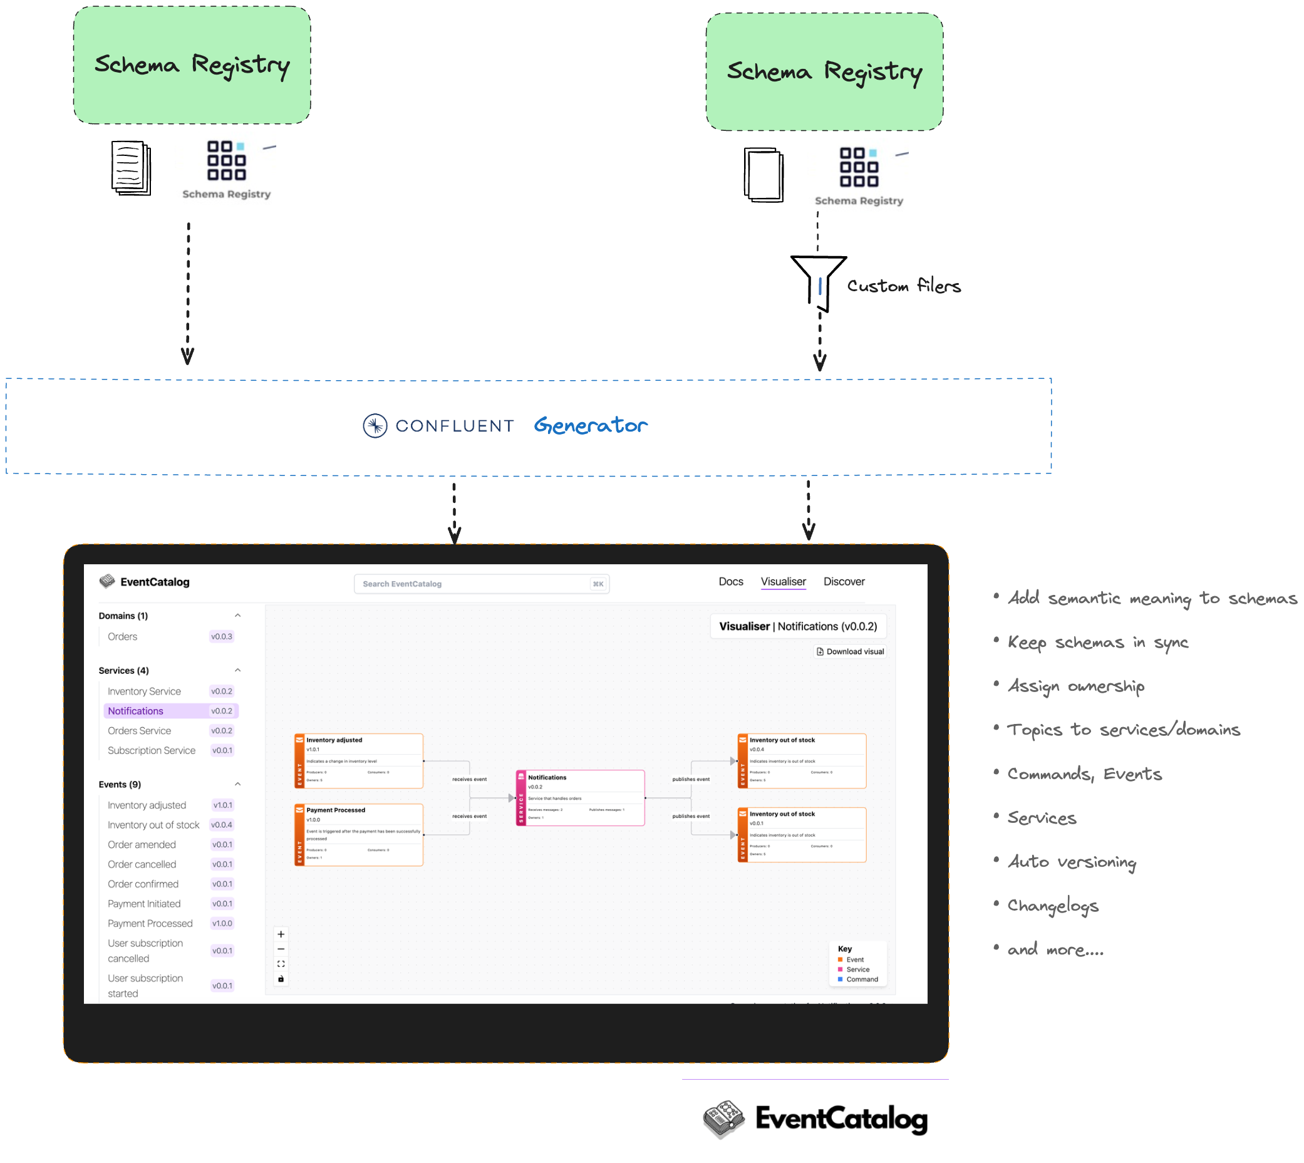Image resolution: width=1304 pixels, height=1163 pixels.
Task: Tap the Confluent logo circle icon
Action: point(375,426)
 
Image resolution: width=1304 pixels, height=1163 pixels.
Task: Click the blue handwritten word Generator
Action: point(591,426)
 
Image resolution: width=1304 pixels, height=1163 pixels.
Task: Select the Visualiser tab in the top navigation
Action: point(784,581)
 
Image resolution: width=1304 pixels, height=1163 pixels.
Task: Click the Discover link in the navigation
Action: point(844,581)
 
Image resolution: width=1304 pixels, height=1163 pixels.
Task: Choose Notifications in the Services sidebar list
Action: point(135,711)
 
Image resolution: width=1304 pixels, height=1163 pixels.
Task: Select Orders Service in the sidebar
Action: point(139,731)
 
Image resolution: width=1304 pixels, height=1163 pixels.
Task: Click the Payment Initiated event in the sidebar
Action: point(144,904)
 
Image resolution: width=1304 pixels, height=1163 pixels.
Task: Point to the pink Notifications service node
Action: point(580,798)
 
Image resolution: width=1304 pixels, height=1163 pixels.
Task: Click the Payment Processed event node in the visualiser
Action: point(358,835)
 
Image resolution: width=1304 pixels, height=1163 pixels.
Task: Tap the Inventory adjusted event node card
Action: point(358,761)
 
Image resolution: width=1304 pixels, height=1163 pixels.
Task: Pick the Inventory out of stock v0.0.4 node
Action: point(802,761)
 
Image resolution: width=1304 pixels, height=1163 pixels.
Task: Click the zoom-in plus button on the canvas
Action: point(281,935)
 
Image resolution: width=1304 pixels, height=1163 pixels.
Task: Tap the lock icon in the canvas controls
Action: point(281,979)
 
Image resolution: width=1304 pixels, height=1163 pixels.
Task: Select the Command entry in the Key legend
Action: point(862,980)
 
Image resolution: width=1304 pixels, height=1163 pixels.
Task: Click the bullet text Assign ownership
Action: point(1076,686)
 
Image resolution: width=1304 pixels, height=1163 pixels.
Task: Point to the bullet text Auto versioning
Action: point(1072,862)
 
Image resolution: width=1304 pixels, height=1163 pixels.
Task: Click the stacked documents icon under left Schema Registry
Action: point(131,168)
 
